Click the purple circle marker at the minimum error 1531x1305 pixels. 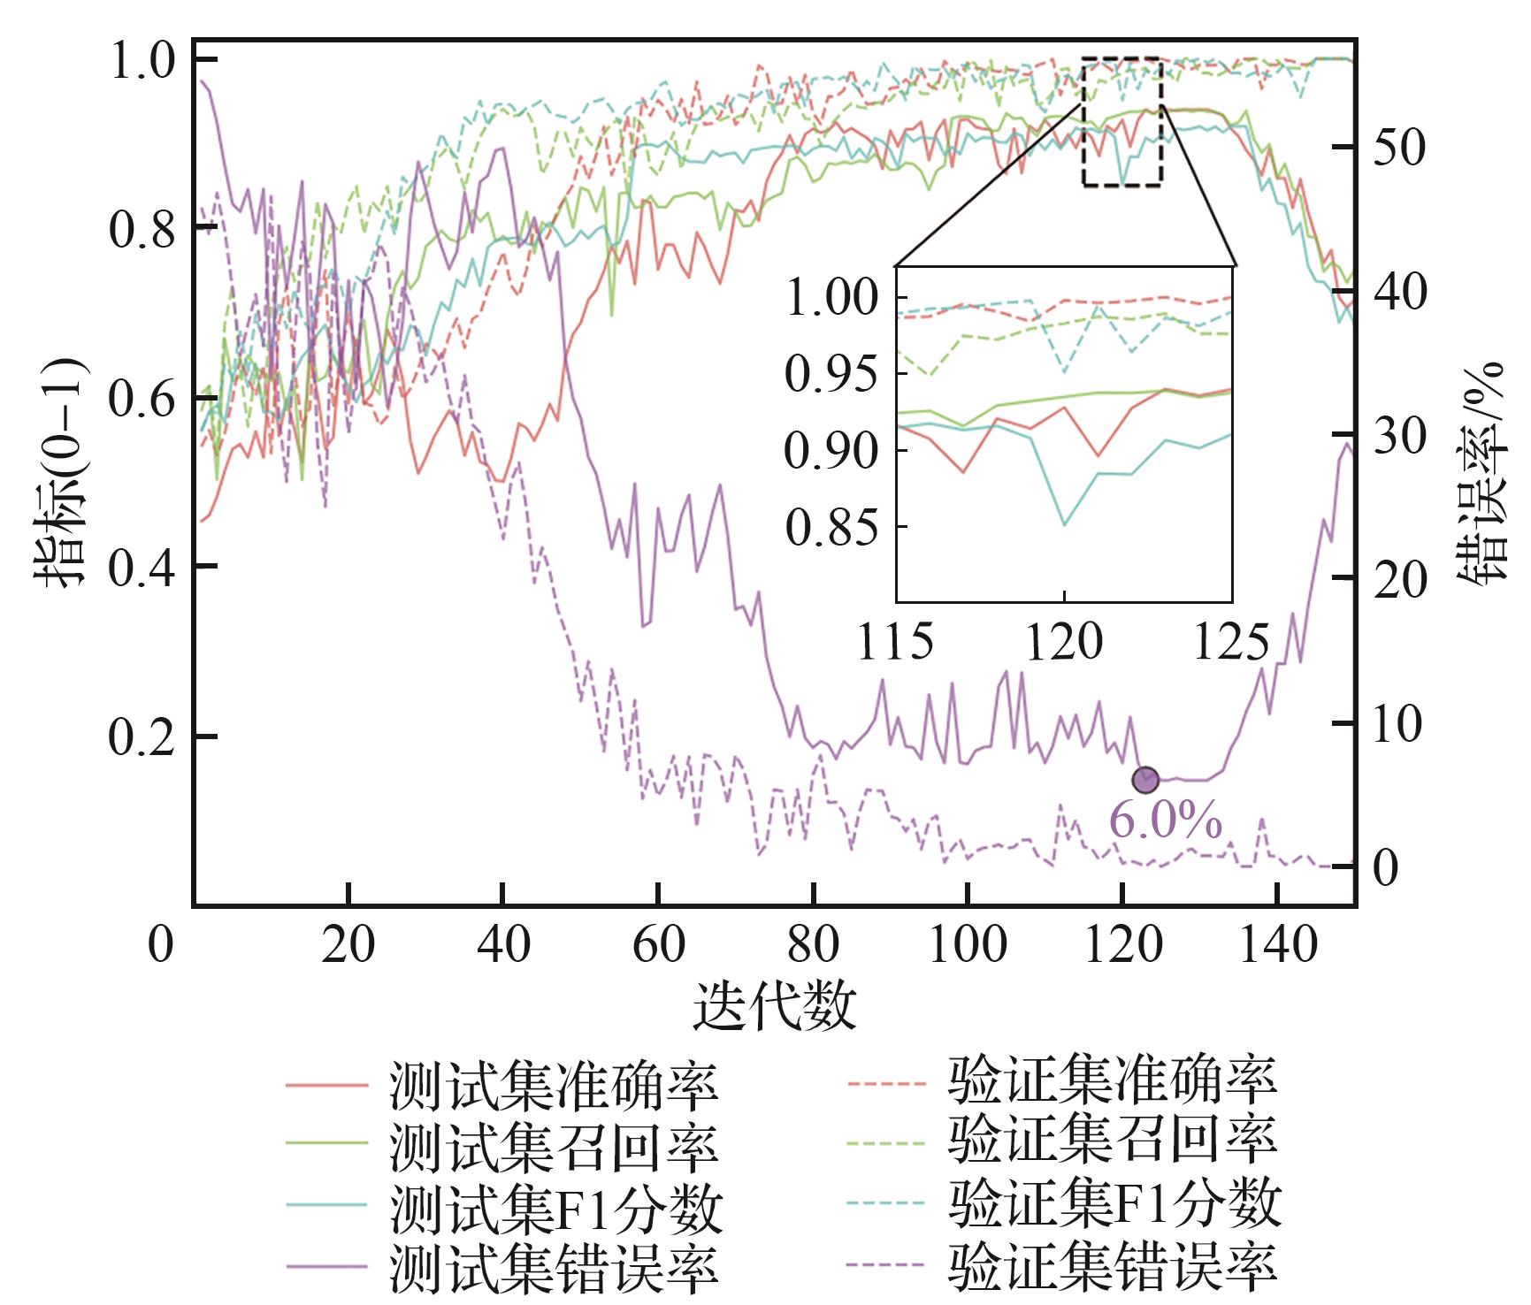click(x=1145, y=779)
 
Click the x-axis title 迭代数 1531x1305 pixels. click(x=775, y=1005)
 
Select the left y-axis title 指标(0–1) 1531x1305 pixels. click(x=59, y=472)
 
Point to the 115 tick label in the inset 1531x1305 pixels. click(x=895, y=642)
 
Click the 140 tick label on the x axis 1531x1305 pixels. click(x=1276, y=947)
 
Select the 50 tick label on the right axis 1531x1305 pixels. click(x=1399, y=148)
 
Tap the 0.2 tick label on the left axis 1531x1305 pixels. click(x=141, y=736)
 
